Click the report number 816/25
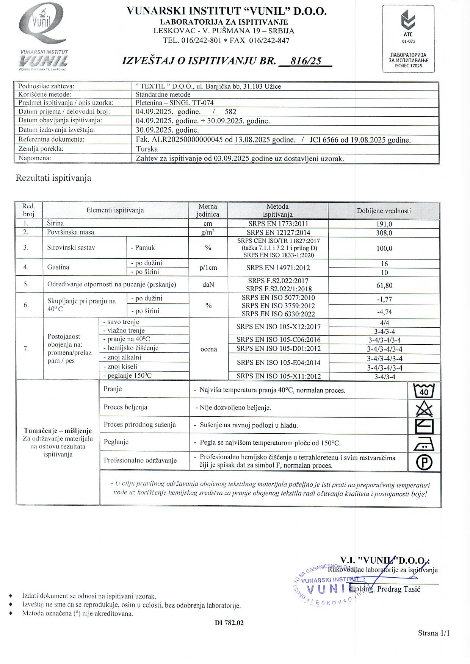(x=305, y=61)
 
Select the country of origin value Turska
(x=147, y=149)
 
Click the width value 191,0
(x=384, y=224)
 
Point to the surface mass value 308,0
(x=384, y=233)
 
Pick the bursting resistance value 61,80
(x=384, y=285)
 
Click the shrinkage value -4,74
(x=384, y=312)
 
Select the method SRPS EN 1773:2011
(x=278, y=224)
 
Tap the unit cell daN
(x=208, y=284)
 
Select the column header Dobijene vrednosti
(x=384, y=211)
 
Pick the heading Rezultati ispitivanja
(x=53, y=178)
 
